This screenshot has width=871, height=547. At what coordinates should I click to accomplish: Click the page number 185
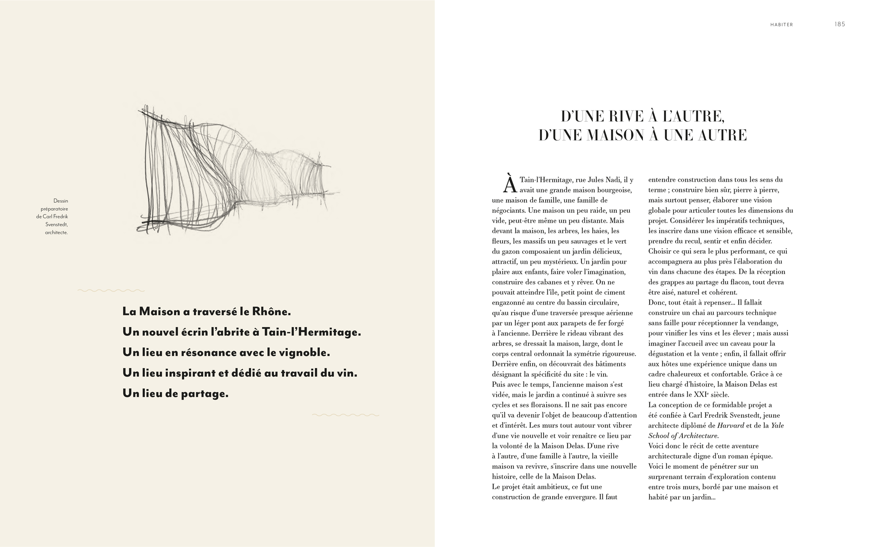(x=840, y=24)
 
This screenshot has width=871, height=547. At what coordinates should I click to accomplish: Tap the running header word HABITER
(x=781, y=25)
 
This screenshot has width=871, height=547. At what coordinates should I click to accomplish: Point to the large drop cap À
(x=509, y=184)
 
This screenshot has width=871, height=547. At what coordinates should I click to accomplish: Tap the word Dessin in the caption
(x=61, y=201)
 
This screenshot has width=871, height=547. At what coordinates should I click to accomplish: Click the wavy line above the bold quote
(x=111, y=290)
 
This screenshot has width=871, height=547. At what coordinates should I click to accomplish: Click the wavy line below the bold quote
(x=345, y=415)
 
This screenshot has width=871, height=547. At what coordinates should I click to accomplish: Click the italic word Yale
(x=777, y=426)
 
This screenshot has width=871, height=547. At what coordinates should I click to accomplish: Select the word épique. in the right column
(x=761, y=456)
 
